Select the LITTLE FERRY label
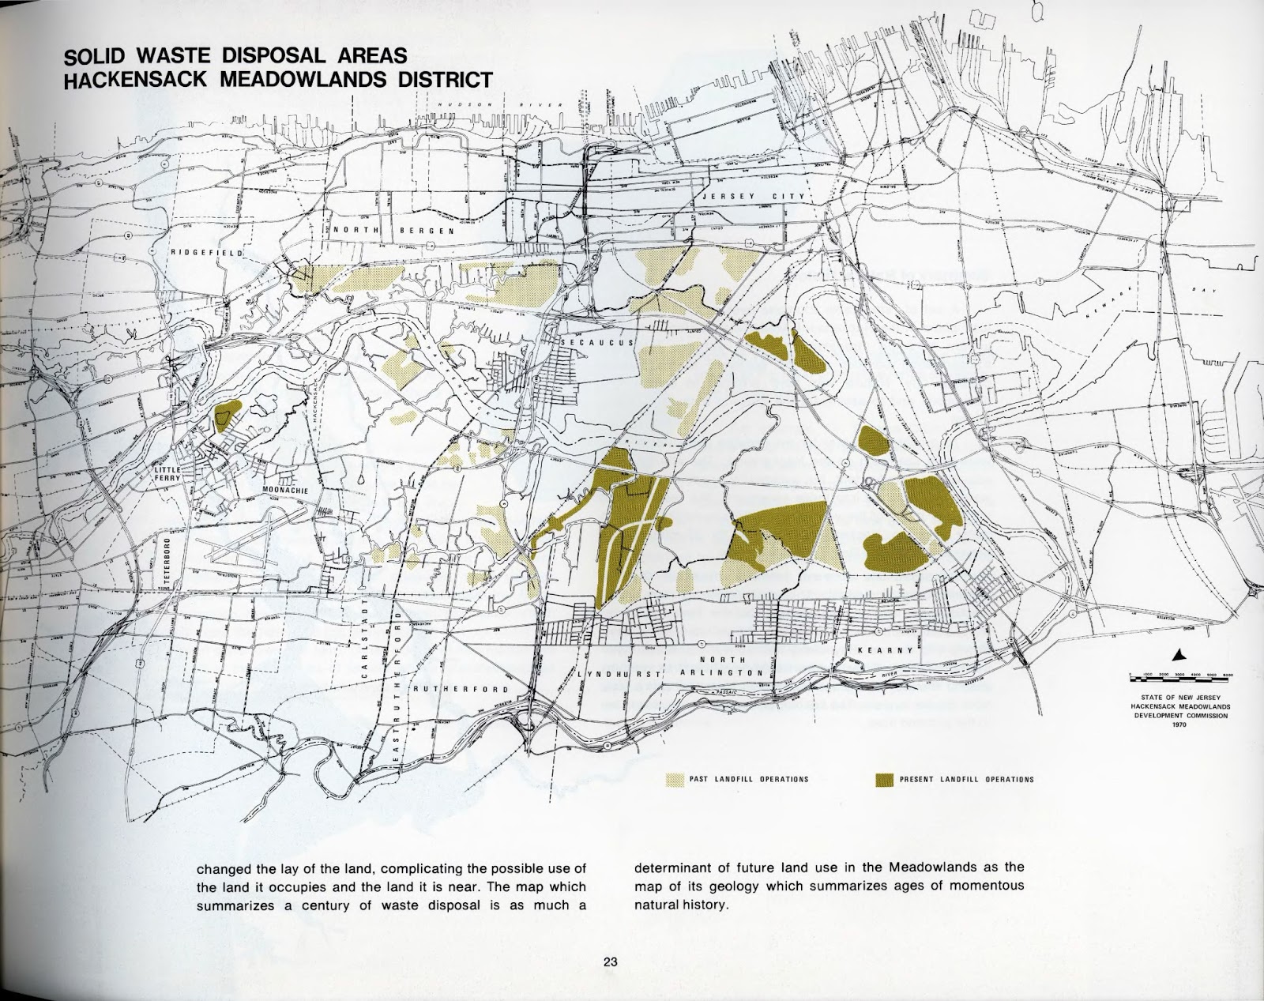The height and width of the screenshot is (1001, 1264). [169, 473]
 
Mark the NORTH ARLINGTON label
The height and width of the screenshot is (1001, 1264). [725, 665]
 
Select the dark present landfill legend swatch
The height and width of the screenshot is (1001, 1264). [884, 780]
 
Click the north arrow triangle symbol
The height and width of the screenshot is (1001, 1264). [1177, 654]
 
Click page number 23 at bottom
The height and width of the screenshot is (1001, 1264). [610, 962]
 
